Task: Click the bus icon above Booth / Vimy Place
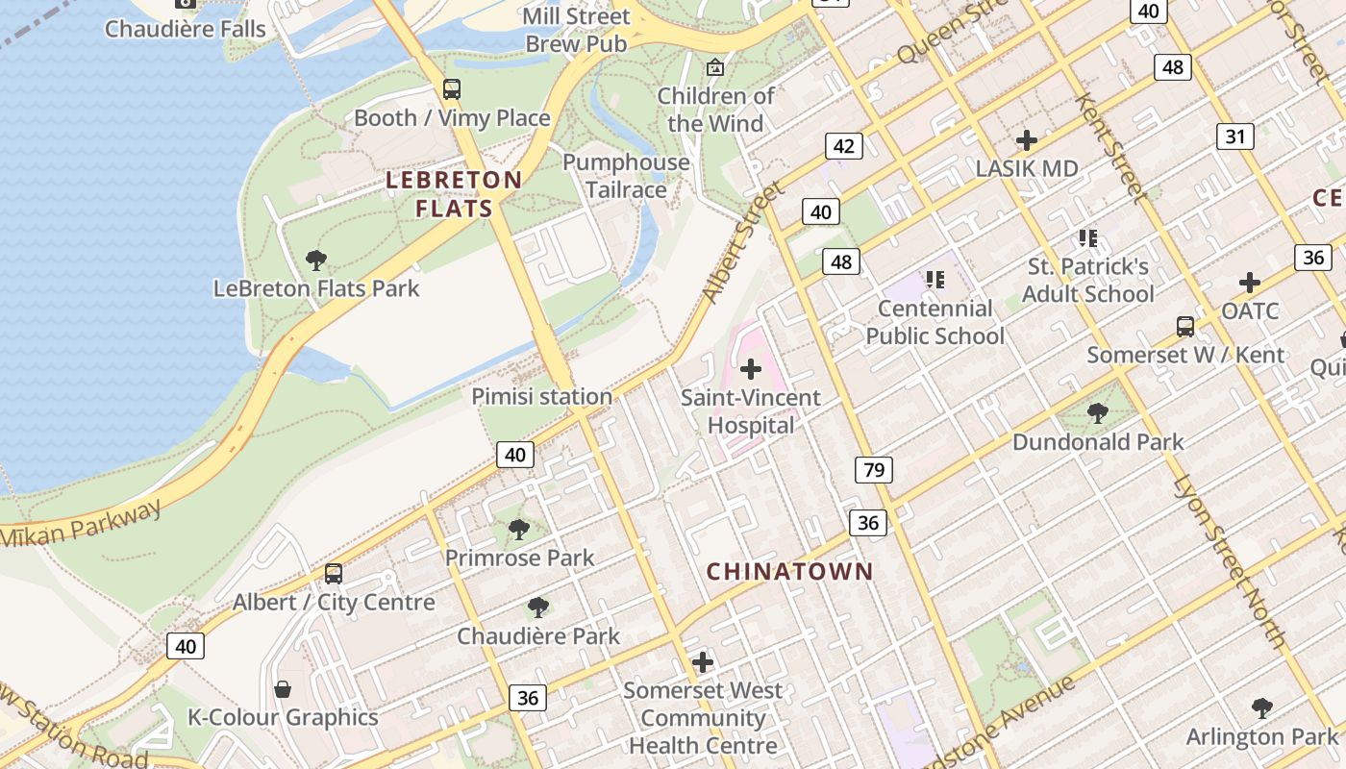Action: [x=451, y=89]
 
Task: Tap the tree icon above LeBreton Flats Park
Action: [x=315, y=260]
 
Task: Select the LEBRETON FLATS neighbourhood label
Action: [x=454, y=194]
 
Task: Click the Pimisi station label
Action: [x=541, y=396]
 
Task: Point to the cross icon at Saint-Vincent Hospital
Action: [x=751, y=369]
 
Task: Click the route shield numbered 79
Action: [x=873, y=470]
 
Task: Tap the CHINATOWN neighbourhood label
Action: [x=790, y=572]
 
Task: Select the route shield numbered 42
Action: [x=843, y=146]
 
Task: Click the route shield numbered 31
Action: [x=1234, y=136]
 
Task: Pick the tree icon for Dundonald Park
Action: [x=1097, y=414]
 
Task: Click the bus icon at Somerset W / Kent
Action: [x=1185, y=327]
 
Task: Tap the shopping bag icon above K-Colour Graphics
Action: [x=283, y=689]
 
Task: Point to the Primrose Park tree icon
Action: [x=518, y=529]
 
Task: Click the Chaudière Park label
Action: [x=538, y=636]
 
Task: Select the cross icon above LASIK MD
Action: [x=1027, y=140]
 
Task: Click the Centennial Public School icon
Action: [x=935, y=280]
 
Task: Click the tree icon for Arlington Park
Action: [x=1261, y=708]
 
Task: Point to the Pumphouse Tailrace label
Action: [x=626, y=176]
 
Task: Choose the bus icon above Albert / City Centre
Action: [x=334, y=574]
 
